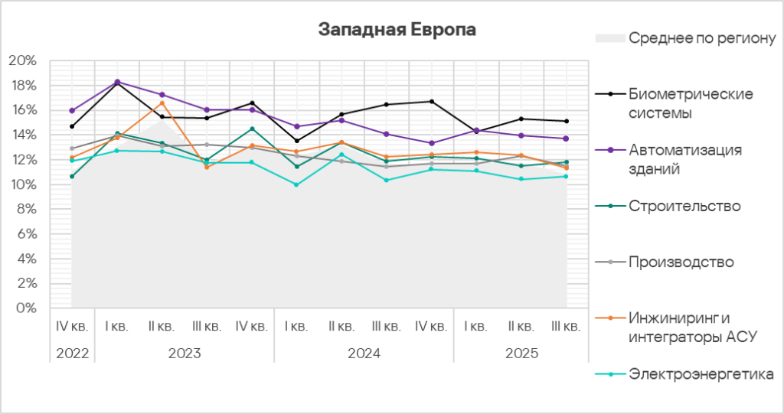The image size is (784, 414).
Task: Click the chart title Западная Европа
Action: coord(397,30)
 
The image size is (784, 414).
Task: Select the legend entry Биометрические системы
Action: coord(690,103)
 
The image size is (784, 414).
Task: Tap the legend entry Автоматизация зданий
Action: coord(684,159)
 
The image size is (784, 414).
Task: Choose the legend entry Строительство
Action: coord(684,206)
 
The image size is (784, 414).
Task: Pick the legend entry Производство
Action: coord(681,262)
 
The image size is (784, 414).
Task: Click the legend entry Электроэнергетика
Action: coord(701,373)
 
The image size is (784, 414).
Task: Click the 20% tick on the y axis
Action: coord(24,60)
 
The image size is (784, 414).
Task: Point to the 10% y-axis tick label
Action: coord(24,184)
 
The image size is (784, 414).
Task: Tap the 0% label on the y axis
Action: coord(27,308)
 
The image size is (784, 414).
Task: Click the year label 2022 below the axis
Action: coord(72,354)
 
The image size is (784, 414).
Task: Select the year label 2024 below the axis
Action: coord(364,354)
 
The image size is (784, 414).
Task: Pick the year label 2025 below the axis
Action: coord(521,354)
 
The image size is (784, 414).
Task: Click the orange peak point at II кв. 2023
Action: coord(162,103)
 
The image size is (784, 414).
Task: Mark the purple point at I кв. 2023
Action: coord(117,81)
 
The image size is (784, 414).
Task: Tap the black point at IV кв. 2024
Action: coord(432,102)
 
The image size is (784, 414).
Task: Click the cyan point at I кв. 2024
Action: coord(296,184)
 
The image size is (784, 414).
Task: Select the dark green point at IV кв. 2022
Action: coord(72,177)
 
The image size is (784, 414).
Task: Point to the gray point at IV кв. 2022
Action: coord(72,148)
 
